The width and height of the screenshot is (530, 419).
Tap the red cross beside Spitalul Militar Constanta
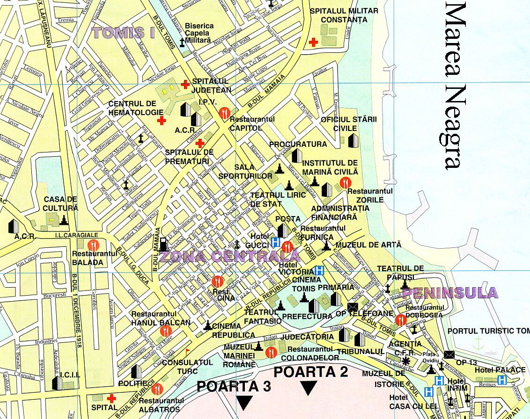314,42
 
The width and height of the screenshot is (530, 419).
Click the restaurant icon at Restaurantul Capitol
224,112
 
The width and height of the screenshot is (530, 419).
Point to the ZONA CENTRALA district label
229,256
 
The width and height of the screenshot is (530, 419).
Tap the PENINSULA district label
450,293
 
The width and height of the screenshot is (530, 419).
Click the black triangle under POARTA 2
309,388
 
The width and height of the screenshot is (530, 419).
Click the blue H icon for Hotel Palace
502,380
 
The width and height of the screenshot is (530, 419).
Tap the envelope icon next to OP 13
449,354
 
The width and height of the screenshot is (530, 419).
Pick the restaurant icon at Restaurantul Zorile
346,183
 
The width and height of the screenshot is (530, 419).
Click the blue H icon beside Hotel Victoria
320,270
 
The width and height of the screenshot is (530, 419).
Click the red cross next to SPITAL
111,398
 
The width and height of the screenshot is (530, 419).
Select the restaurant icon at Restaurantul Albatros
157,388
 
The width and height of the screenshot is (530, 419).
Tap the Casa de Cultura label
60,203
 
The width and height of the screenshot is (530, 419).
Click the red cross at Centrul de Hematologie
162,121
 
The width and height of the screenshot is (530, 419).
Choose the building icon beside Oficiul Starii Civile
353,139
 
